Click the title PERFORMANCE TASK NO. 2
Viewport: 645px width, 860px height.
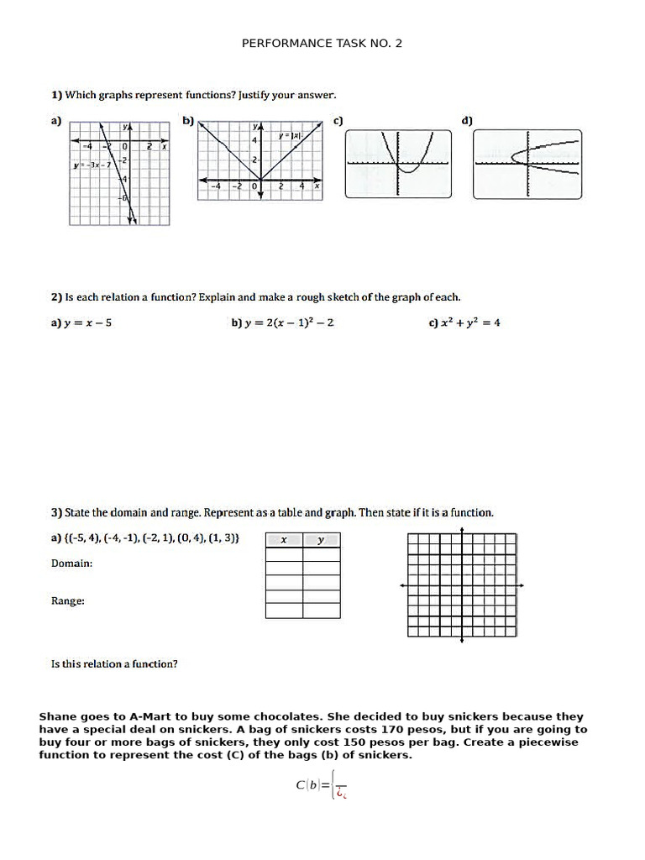tap(322, 43)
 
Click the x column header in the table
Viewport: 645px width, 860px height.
tap(284, 541)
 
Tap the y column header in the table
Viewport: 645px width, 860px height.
tap(321, 541)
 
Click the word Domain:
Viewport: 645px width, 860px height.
tap(72, 564)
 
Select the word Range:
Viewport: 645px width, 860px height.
tap(68, 601)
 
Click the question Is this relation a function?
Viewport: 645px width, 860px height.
tap(114, 664)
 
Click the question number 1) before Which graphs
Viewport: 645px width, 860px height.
tap(56, 95)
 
